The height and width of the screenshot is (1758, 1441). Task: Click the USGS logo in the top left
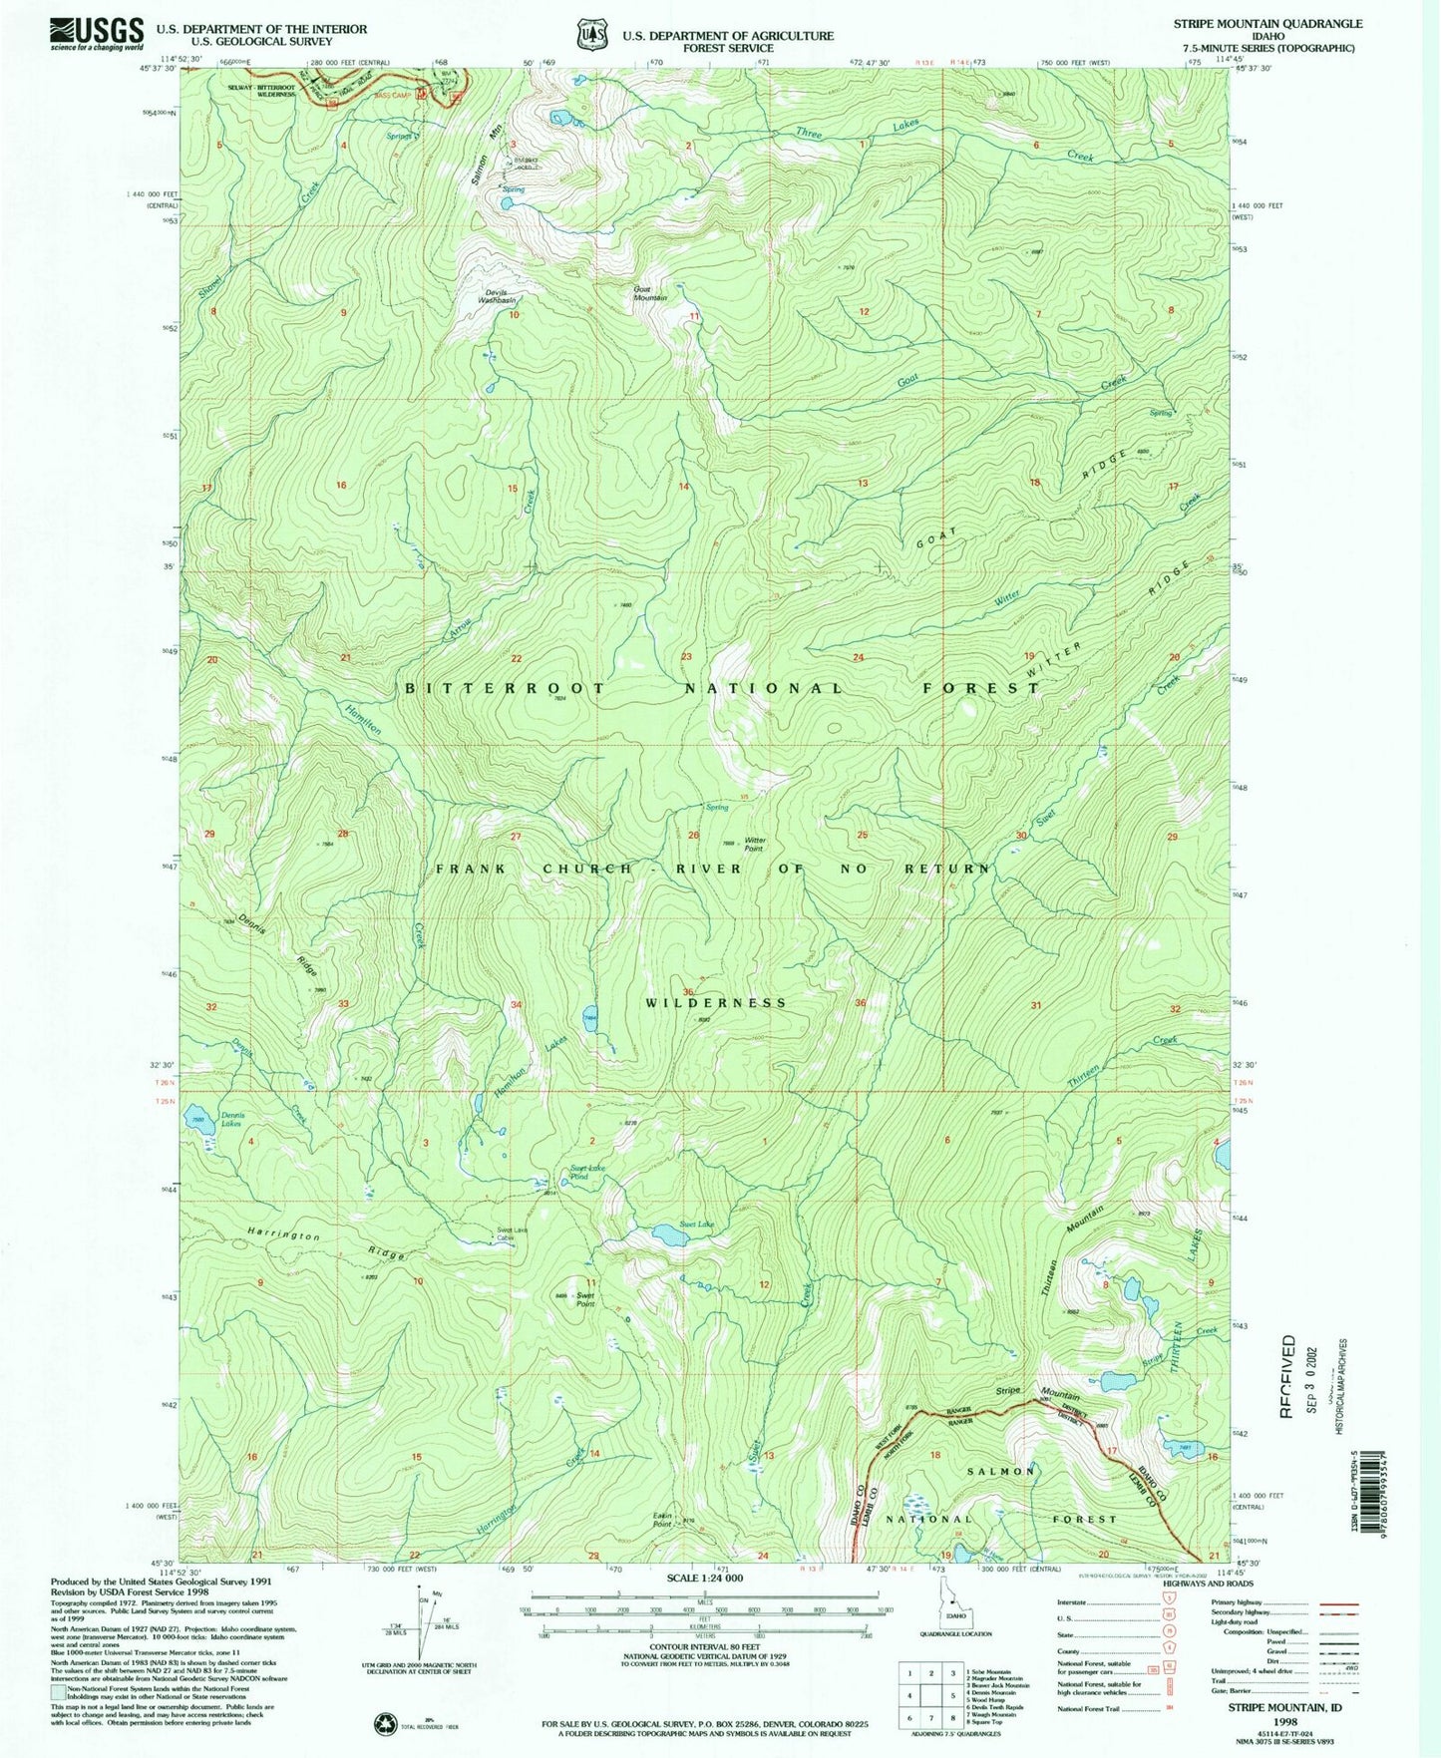coord(98,34)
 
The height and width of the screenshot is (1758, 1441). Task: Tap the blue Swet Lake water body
coord(669,1236)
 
